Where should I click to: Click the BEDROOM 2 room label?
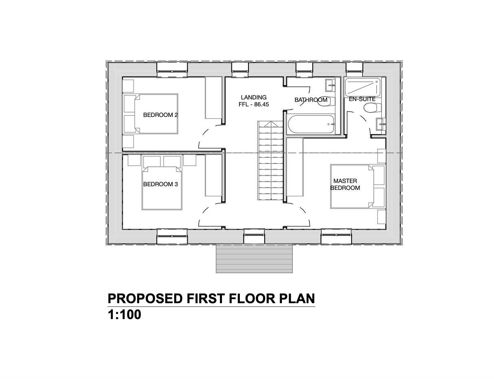coord(160,115)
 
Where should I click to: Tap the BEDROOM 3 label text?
coord(160,184)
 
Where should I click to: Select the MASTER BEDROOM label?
coord(345,184)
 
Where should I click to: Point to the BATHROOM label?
coord(311,100)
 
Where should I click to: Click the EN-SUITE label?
coord(362,99)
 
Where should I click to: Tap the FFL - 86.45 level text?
coord(254,104)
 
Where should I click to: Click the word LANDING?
coord(254,97)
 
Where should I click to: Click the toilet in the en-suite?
coord(372,108)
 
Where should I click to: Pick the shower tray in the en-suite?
coord(362,87)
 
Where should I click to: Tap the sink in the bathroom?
coord(330,85)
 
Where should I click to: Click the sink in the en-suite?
coord(381,124)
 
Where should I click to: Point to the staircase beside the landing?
coord(270,161)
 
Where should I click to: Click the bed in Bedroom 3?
coord(162,188)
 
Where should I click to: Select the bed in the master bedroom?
coord(352,186)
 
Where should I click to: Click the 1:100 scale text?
coord(124,315)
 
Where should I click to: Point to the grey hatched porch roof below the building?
coord(254,259)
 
